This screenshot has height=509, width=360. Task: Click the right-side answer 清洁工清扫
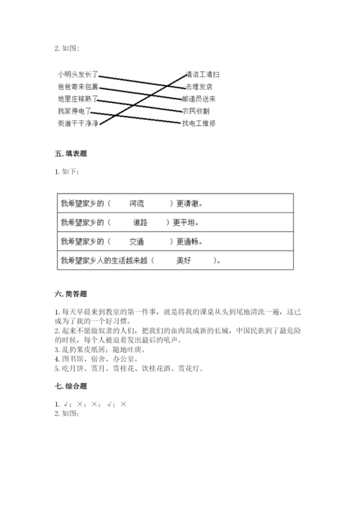202,74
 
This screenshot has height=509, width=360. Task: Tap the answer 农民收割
197,111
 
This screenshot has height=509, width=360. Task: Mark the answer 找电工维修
199,123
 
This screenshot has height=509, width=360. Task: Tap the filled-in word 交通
137,242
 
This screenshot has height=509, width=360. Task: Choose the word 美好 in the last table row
185,261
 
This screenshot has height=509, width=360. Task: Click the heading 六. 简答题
71,294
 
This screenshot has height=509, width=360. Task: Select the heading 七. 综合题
71,388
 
